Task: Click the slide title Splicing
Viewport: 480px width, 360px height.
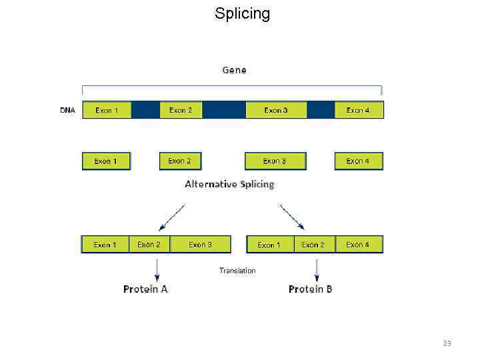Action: tap(242, 13)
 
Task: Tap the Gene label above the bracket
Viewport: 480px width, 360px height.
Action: tap(234, 70)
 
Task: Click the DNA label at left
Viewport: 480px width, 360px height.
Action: tap(67, 110)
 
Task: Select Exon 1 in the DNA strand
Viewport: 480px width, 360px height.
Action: tap(107, 110)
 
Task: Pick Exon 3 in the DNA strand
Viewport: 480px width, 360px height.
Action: tap(275, 110)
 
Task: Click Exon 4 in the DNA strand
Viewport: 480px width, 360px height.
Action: tap(359, 110)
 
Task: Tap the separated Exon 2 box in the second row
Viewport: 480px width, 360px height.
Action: tap(180, 161)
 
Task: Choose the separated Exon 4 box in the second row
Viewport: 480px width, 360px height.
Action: tap(359, 161)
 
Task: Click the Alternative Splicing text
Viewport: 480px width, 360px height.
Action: tap(229, 184)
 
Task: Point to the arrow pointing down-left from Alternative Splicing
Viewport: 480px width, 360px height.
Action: tap(172, 217)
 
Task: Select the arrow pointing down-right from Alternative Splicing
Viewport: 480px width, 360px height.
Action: tap(292, 217)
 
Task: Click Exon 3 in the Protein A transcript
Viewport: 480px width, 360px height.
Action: tap(200, 245)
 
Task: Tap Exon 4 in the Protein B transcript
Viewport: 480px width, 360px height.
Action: tap(359, 245)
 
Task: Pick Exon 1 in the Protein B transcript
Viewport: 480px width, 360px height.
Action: tap(269, 245)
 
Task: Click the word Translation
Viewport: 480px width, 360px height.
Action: tap(237, 270)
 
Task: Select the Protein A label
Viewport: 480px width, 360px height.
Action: tap(145, 289)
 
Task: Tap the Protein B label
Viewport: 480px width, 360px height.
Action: tap(311, 289)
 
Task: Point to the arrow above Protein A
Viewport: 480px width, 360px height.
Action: tap(157, 268)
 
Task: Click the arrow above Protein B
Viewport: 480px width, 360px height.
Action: tap(317, 268)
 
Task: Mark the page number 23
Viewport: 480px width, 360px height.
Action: tap(447, 343)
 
